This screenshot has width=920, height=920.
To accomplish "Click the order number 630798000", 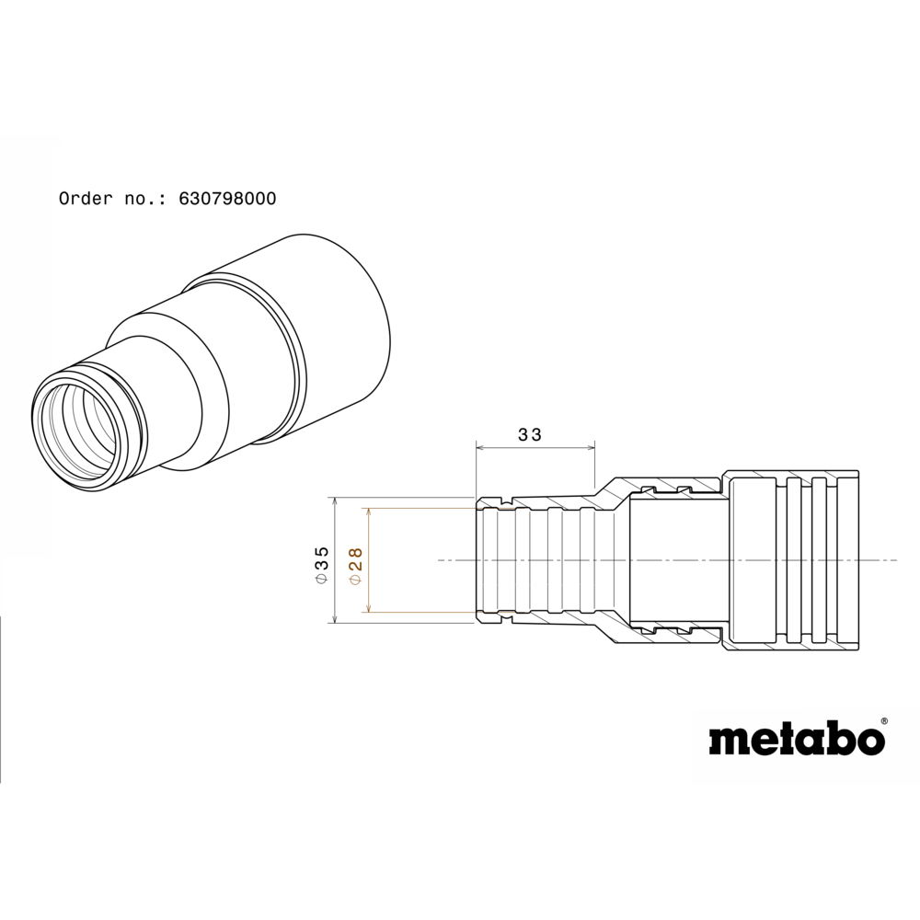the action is click(227, 199).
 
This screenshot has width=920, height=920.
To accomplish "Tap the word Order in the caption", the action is click(85, 199).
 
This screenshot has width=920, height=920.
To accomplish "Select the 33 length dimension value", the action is click(531, 435).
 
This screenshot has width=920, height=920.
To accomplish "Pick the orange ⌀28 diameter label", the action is click(355, 566).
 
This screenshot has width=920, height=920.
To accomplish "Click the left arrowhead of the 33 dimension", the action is click(480, 448).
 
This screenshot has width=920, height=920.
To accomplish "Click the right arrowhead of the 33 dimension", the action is click(591, 448).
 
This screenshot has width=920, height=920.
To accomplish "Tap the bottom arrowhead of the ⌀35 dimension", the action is click(335, 618).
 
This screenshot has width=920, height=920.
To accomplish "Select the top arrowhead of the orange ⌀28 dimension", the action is click(369, 512).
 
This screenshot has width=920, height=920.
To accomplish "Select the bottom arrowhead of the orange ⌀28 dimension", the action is click(369, 608).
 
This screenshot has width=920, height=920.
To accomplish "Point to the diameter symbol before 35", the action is click(321, 579).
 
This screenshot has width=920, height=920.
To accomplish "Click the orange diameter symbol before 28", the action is click(355, 579).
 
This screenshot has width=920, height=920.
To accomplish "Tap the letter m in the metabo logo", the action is click(728, 742).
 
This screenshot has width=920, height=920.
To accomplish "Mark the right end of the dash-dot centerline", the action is click(897, 560).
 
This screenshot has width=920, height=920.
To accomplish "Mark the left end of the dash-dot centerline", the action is click(438, 560).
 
